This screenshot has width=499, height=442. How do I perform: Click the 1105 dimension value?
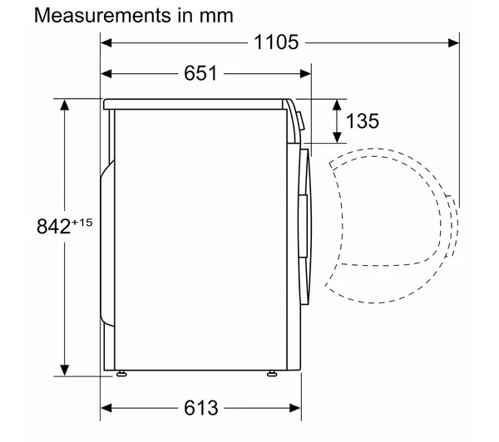point(276,42)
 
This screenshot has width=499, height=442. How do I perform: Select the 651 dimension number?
point(200,73)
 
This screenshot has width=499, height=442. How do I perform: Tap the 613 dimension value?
point(200,408)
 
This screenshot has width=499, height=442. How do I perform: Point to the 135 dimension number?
point(363,121)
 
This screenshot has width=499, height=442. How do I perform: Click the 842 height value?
point(53,227)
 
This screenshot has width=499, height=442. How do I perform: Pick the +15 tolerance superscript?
point(82,222)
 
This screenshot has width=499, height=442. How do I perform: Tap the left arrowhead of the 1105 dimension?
point(106,42)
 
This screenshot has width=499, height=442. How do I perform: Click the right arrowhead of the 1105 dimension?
point(453,42)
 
